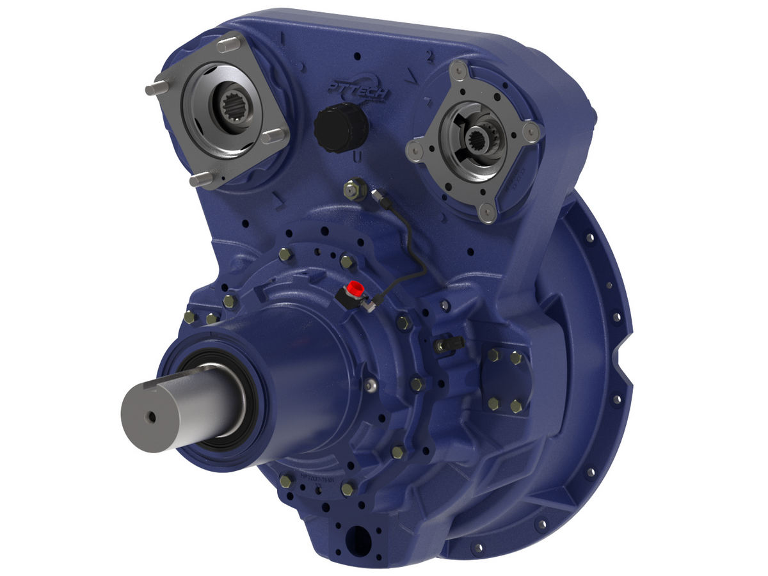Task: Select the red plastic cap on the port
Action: (x=353, y=288)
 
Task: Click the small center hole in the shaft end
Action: (x=151, y=417)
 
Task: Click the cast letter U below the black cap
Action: (x=358, y=157)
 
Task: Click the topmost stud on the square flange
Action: (x=227, y=45)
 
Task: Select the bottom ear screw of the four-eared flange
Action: (x=488, y=212)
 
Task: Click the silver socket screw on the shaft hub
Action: (x=369, y=386)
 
